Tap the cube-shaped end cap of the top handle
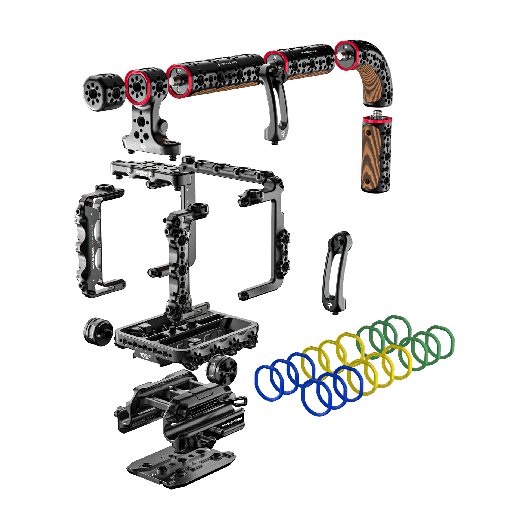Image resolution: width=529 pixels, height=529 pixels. click(102, 93)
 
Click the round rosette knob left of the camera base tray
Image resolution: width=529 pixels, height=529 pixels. click(97, 332)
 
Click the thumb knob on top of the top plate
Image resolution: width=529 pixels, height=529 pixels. click(187, 159)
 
